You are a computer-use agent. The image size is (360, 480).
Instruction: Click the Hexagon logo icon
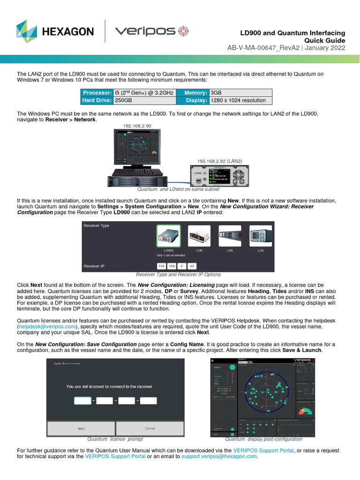pos(26,31)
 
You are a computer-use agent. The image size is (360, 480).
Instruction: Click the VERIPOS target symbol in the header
pos(182,31)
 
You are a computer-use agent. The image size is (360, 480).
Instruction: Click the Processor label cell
pos(97,93)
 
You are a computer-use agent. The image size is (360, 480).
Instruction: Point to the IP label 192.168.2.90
pos(137,126)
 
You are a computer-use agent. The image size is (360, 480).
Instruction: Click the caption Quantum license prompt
pos(115,439)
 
